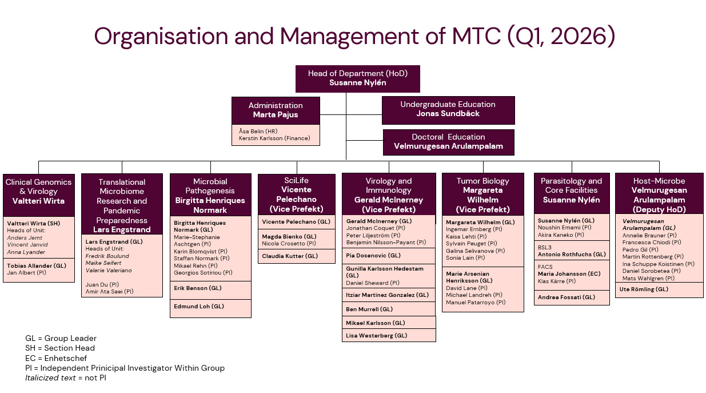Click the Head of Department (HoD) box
[x=357, y=78]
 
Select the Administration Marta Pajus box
[x=276, y=110]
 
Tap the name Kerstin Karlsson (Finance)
[x=274, y=138]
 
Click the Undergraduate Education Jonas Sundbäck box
[x=448, y=109]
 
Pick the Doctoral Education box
[x=448, y=142]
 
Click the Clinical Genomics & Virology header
[x=39, y=192]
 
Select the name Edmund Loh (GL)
[x=199, y=307]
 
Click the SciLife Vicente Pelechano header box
[x=296, y=194]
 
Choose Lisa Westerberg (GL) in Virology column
[x=377, y=336]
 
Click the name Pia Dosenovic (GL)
[x=373, y=256]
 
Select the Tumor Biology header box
[x=482, y=194]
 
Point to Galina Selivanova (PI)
[x=475, y=251]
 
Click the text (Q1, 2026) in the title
[x=561, y=37]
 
